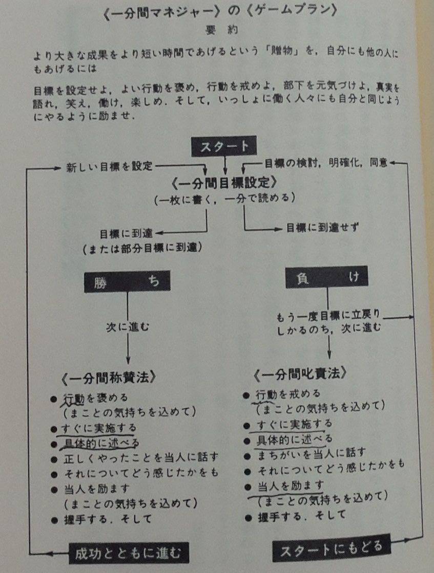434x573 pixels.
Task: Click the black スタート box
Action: click(x=223, y=146)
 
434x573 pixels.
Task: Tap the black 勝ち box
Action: click(x=128, y=281)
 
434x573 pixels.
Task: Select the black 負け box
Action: click(x=327, y=277)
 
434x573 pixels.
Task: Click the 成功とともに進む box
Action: click(x=129, y=553)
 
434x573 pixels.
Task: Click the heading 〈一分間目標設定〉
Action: click(x=224, y=183)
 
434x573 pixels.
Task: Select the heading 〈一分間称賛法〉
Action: click(x=109, y=378)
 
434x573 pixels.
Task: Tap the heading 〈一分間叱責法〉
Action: click(x=300, y=374)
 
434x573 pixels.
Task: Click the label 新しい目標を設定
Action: click(x=109, y=167)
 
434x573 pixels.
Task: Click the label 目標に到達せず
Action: click(x=322, y=228)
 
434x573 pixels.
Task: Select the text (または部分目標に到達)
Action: click(x=142, y=248)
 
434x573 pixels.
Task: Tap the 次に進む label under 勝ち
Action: click(x=128, y=326)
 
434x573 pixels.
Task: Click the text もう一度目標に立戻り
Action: click(x=328, y=315)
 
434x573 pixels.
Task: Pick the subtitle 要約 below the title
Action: click(x=222, y=30)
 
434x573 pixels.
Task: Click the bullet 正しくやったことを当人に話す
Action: click(x=141, y=457)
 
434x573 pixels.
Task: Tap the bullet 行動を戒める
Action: click(x=288, y=394)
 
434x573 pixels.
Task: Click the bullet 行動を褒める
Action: click(x=96, y=398)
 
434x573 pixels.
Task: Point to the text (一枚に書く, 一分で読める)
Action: click(x=224, y=199)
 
